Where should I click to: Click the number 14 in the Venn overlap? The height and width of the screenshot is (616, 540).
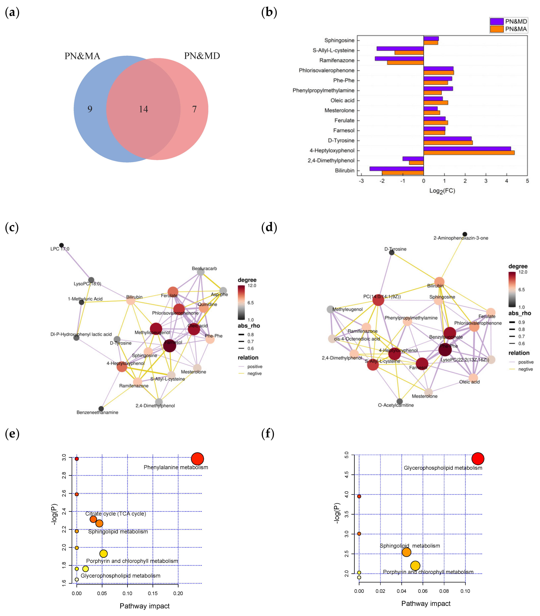[143, 109]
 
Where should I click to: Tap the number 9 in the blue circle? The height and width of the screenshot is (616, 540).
[90, 109]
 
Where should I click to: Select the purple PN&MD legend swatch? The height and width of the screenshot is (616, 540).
[496, 21]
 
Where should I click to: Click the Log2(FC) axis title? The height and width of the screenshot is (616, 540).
[442, 191]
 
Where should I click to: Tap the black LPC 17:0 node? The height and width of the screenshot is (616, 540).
[61, 245]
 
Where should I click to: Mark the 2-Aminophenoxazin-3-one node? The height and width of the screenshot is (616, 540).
[465, 234]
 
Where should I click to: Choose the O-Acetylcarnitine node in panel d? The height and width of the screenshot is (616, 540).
[400, 401]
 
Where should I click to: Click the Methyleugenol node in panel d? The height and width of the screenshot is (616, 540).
[331, 309]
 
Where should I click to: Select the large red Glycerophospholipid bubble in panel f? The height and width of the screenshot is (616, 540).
[478, 459]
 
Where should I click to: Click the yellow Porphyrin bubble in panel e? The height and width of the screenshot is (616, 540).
[103, 553]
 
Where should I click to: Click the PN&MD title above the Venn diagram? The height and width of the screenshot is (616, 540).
[202, 56]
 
